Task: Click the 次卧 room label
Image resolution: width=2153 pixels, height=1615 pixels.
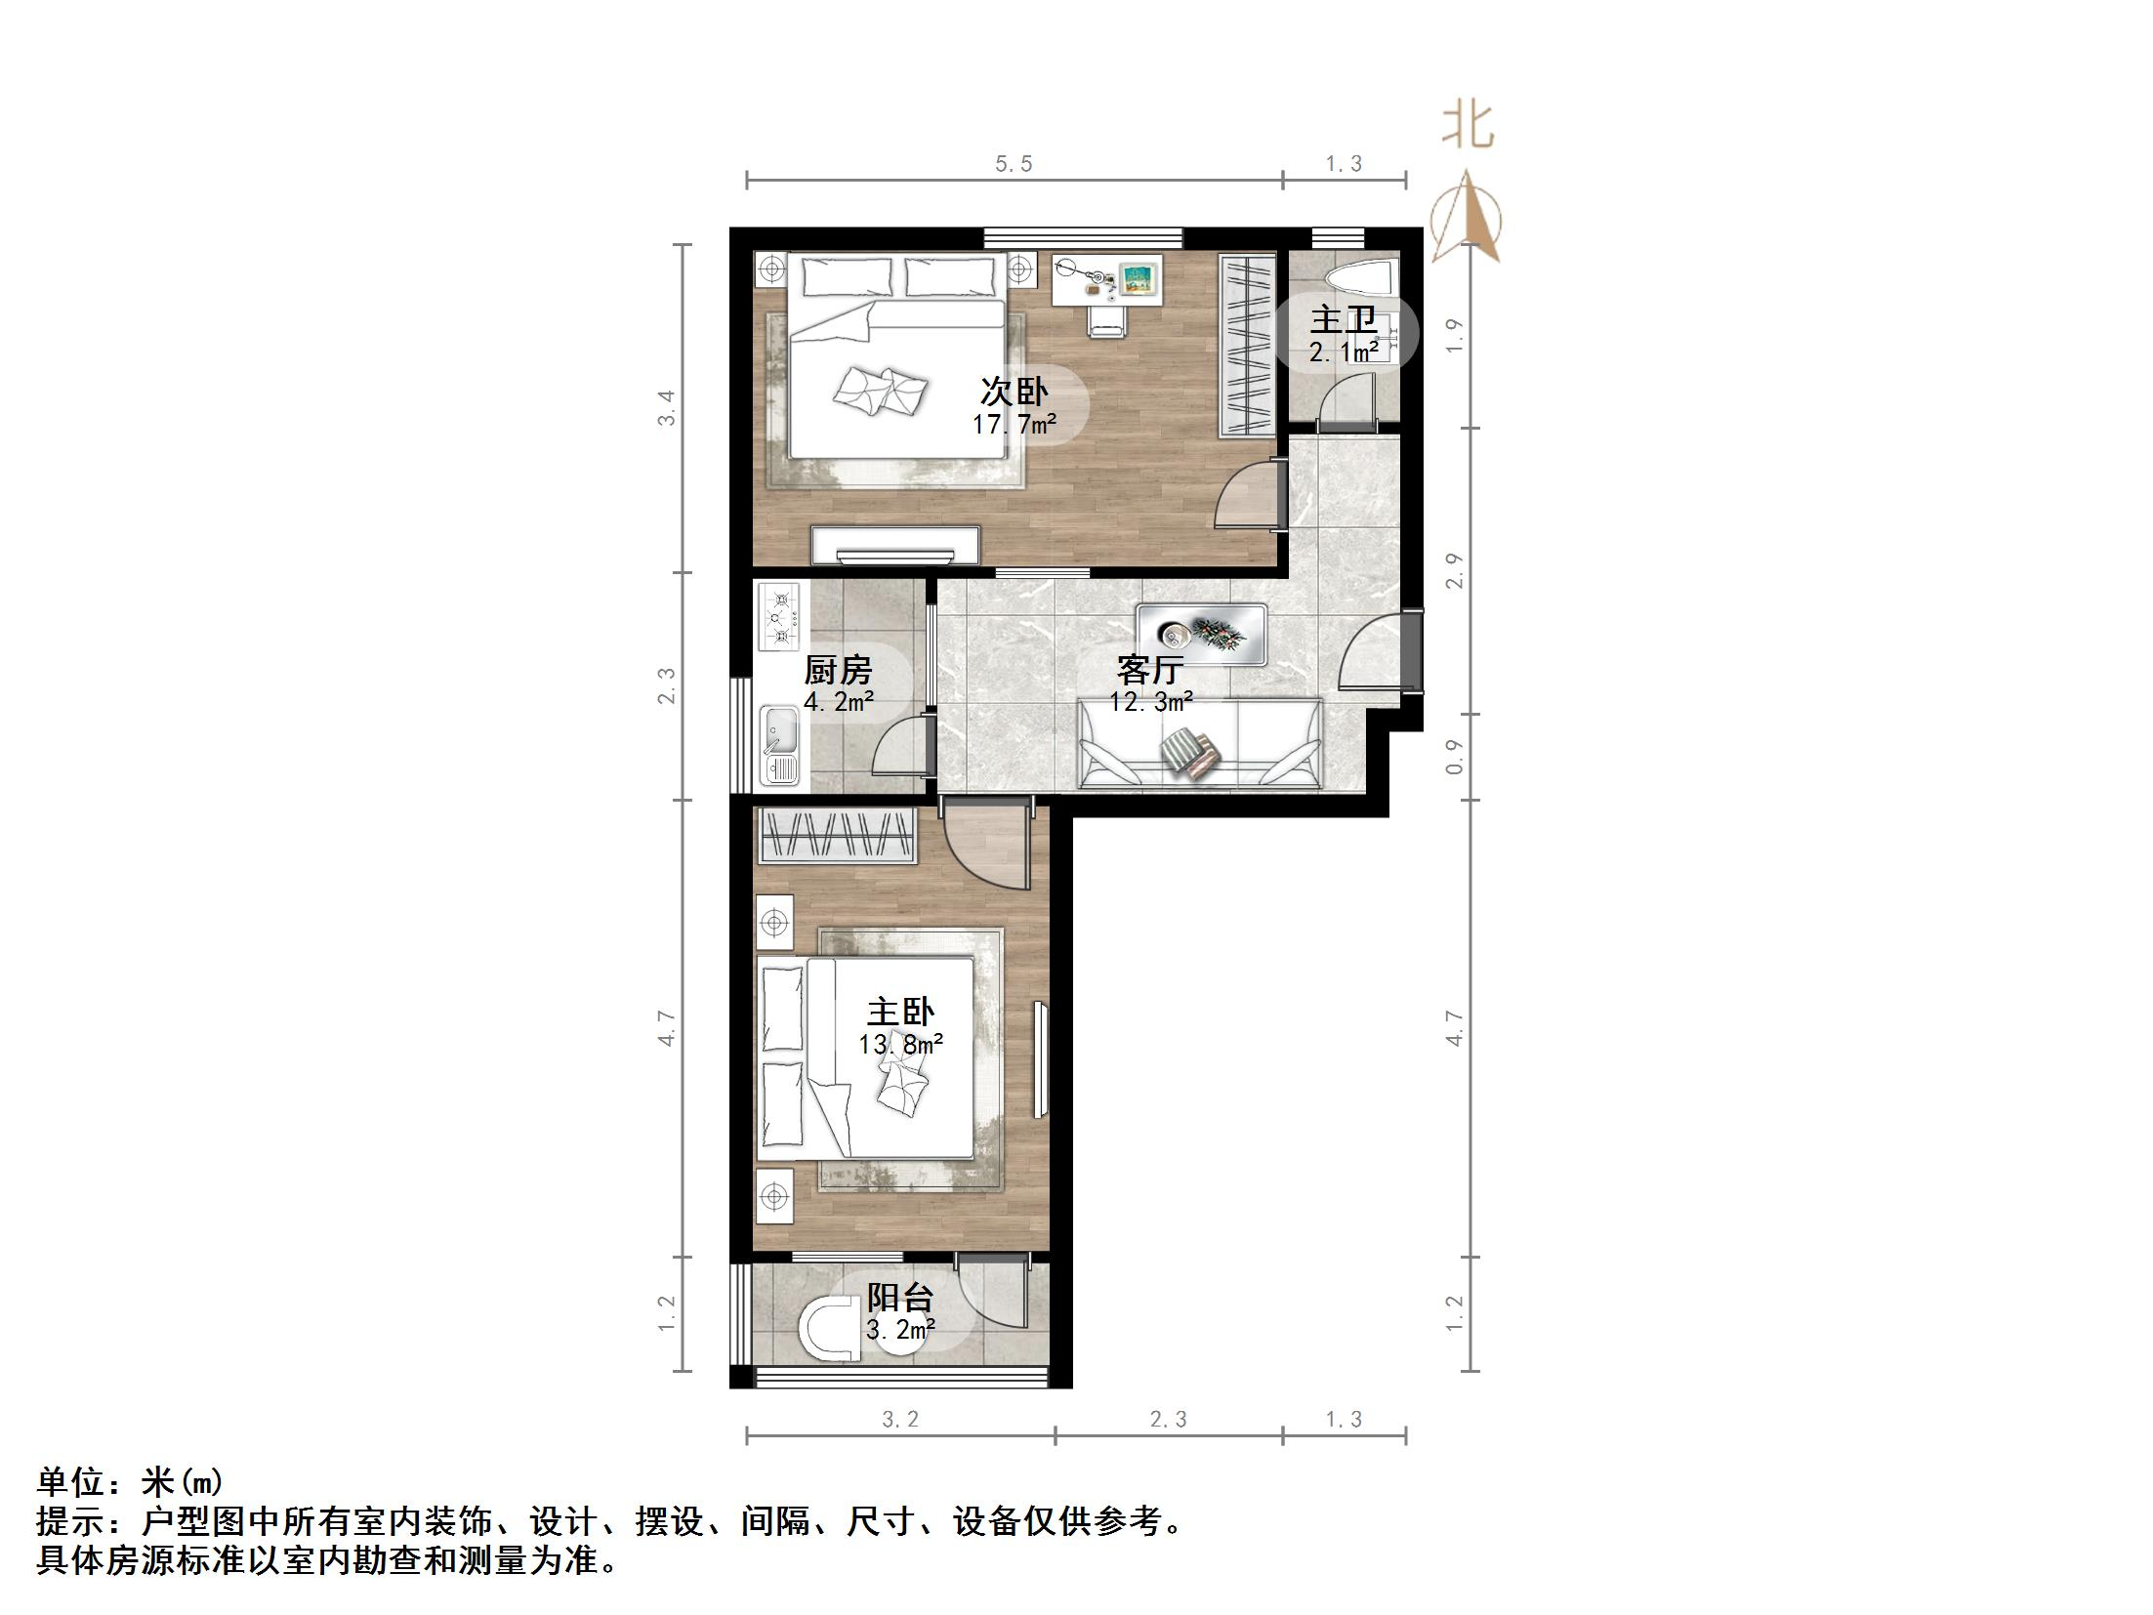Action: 1014,393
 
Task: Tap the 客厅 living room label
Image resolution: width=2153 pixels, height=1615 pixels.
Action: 1150,670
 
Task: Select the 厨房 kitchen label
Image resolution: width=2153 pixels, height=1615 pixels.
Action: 838,670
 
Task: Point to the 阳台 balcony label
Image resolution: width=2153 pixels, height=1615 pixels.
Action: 900,1298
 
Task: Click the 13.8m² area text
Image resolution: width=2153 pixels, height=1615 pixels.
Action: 900,1045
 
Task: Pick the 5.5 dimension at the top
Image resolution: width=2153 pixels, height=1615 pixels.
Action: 1014,164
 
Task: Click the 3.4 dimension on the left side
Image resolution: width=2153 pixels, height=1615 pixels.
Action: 666,408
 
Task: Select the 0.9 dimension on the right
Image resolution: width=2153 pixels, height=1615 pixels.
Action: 1455,757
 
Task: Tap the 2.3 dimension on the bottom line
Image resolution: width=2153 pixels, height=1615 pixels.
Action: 1168,1420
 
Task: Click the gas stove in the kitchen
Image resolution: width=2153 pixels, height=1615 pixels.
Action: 779,617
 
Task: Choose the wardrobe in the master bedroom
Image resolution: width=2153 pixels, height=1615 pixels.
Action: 838,836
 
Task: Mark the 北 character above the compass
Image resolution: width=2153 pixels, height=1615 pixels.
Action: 1468,127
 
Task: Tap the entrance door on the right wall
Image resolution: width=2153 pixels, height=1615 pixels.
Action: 1410,650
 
